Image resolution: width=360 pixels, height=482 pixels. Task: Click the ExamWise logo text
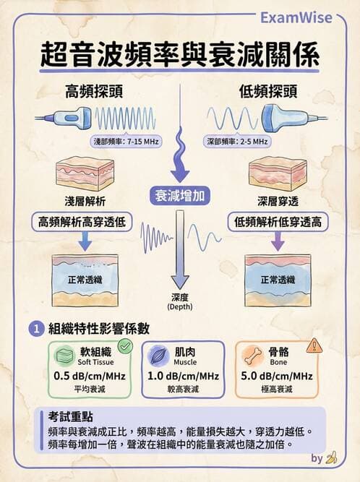click(296, 17)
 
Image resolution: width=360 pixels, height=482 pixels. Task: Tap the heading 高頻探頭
click(94, 92)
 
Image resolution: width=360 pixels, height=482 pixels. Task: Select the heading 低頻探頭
click(268, 92)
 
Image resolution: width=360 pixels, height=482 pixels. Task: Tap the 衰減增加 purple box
click(180, 196)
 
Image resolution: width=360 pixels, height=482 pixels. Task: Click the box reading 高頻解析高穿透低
click(82, 222)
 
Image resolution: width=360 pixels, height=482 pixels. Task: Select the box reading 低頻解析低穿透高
click(278, 222)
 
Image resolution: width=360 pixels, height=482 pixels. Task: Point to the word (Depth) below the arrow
click(180, 307)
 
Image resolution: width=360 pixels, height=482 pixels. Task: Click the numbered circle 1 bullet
click(37, 330)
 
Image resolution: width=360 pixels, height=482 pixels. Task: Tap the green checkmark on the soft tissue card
click(125, 346)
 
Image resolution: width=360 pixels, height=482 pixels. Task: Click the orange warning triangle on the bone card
click(314, 346)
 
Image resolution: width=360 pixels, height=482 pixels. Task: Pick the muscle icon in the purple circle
click(158, 356)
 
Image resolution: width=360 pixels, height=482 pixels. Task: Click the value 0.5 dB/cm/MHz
click(90, 376)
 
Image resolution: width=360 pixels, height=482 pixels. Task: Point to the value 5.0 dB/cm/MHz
click(277, 376)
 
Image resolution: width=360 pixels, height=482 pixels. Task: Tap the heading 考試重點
click(70, 416)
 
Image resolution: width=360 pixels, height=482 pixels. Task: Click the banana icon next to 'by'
click(331, 458)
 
